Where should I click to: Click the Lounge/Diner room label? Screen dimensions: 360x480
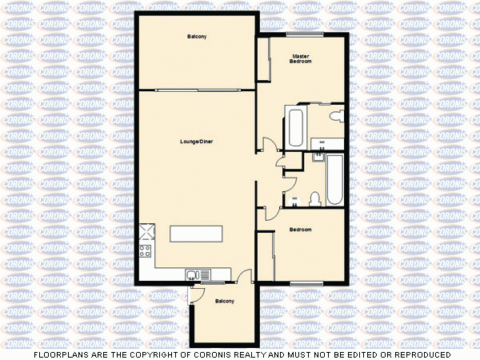(x=196, y=142)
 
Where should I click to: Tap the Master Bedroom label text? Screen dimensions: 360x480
(x=301, y=58)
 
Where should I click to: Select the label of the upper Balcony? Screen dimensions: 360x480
(x=197, y=37)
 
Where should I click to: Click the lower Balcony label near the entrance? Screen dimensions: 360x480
(x=225, y=301)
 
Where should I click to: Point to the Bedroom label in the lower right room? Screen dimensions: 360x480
(x=300, y=230)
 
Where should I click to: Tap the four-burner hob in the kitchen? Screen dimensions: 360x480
(x=146, y=254)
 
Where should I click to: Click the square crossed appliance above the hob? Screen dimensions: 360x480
(x=146, y=232)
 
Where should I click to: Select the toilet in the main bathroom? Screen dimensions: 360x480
(x=316, y=198)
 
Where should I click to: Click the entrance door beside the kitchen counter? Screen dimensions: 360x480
(x=246, y=277)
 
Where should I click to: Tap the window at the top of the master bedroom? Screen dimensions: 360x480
(x=306, y=34)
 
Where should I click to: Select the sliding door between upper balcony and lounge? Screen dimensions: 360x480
(x=197, y=90)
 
